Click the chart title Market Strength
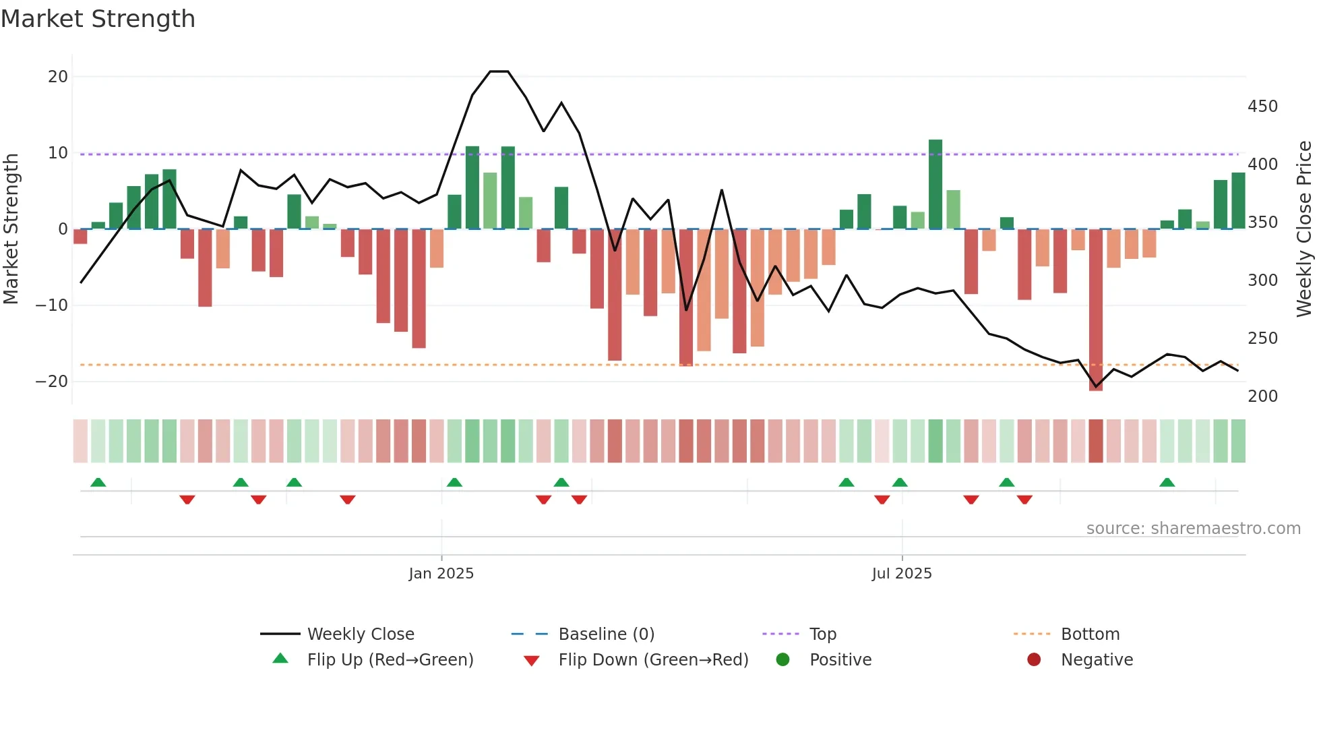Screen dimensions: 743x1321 98,19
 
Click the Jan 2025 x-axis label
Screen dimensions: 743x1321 441,574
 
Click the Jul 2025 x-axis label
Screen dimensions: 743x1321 901,574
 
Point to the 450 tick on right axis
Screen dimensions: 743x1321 1262,107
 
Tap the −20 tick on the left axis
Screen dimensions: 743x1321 52,382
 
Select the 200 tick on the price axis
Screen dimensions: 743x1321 1262,396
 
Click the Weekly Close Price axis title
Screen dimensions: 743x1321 1304,229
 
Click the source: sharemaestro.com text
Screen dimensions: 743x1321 1193,529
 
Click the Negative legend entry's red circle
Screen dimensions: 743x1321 1033,659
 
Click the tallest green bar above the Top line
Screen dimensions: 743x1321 935,185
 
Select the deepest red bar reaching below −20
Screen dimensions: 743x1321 1096,310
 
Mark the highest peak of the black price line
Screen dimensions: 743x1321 499,71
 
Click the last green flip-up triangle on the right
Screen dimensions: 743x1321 1167,483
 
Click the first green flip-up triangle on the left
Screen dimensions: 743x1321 98,483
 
